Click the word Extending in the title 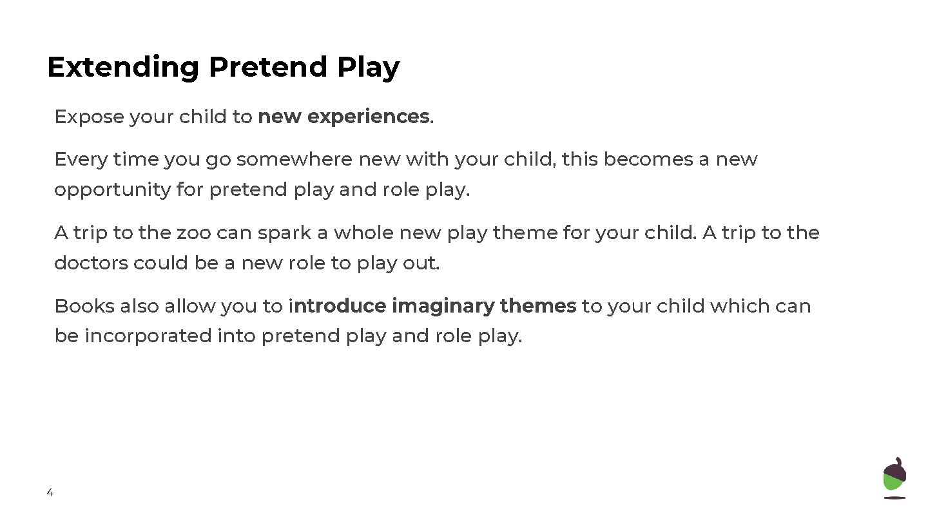[x=123, y=68]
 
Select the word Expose [x=89, y=117]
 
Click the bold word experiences [x=368, y=117]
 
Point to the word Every [x=81, y=159]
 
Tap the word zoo [x=193, y=233]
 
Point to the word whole [x=363, y=233]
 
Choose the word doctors [x=91, y=264]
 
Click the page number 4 [x=50, y=493]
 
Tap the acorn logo [x=894, y=478]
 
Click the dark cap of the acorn [x=894, y=470]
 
